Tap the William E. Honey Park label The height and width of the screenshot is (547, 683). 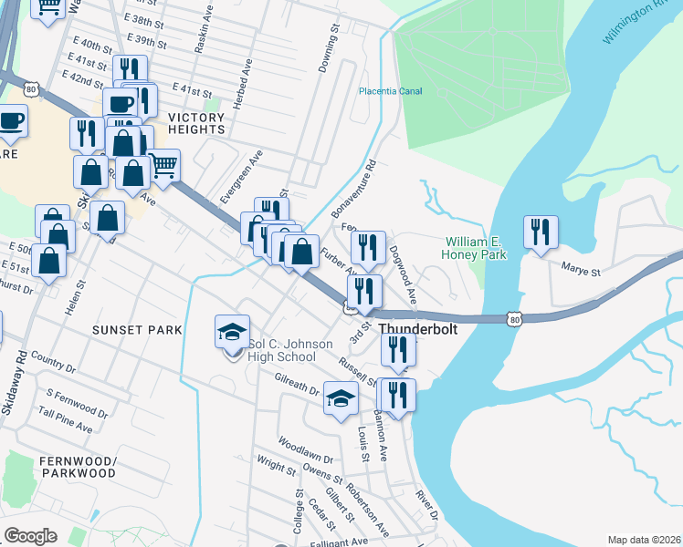474,248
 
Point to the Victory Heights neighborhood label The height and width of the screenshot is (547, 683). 195,123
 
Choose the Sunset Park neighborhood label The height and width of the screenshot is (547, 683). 131,328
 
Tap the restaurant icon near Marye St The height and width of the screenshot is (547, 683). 540,232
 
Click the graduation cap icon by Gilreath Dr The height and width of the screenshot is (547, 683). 341,398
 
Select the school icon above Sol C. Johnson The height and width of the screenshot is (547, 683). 232,332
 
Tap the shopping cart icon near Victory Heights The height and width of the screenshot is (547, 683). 163,166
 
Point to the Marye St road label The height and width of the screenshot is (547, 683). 581,271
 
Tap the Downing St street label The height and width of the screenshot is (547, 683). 328,49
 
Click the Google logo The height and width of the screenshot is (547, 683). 30,536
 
